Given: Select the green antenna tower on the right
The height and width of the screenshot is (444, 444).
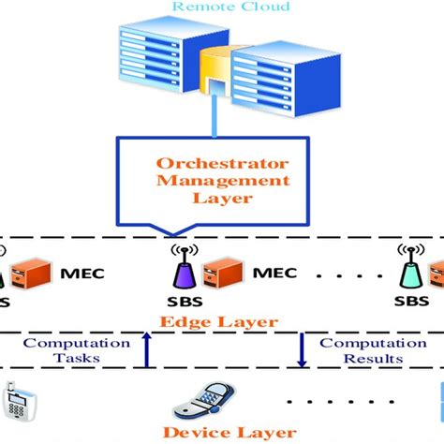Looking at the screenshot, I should (408, 268).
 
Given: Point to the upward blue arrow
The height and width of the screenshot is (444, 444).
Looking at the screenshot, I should (145, 351).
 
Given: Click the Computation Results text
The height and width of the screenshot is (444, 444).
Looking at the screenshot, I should (360, 351).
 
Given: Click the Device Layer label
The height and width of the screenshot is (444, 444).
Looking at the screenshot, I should (222, 433).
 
